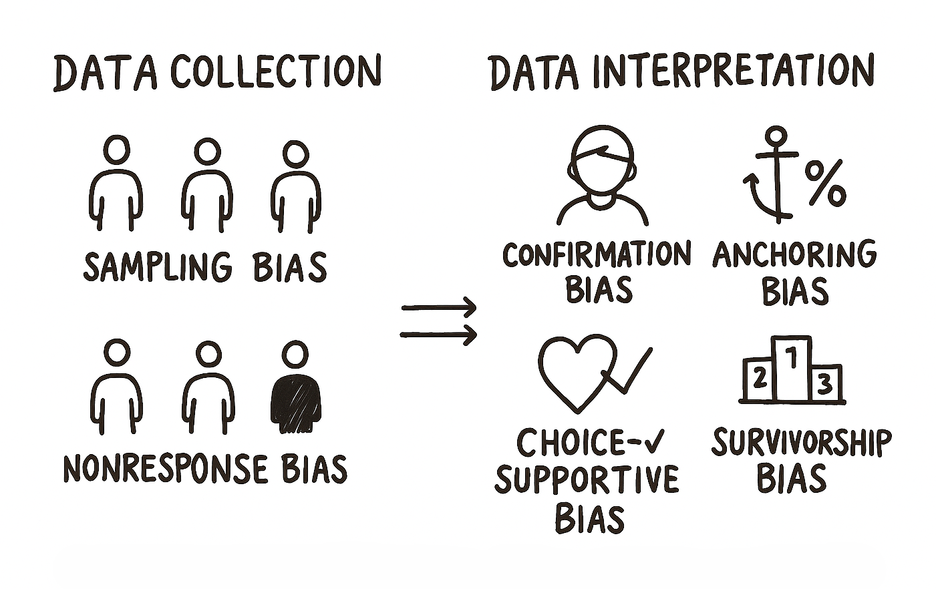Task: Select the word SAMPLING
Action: click(x=158, y=266)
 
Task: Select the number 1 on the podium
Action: click(x=792, y=359)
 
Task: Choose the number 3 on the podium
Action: click(x=826, y=383)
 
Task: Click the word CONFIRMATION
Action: click(x=596, y=254)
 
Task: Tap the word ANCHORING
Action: click(x=794, y=254)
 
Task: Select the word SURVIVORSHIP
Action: click(x=801, y=443)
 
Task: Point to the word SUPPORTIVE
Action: click(x=587, y=479)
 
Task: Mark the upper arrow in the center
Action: click(x=439, y=308)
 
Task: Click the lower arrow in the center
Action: click(x=439, y=334)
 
